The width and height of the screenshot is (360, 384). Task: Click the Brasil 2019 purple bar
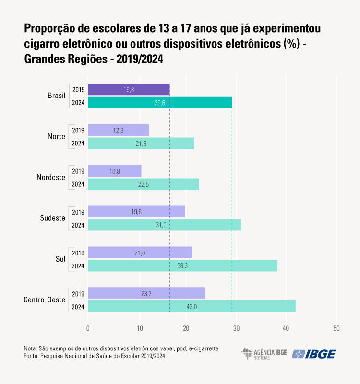coord(129,89)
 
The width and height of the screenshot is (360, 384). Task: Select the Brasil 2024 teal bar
coord(160,103)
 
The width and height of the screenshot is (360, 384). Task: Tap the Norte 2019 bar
coord(119,130)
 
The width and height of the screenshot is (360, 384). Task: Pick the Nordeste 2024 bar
coord(144,184)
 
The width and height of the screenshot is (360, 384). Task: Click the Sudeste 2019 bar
coord(136,212)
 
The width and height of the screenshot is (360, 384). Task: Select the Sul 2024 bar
coord(182,266)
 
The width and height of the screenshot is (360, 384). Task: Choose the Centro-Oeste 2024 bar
coord(192,306)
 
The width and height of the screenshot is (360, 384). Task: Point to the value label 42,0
coord(192,307)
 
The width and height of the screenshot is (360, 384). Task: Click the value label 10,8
coord(115,171)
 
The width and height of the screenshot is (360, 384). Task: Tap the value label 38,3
coord(183,266)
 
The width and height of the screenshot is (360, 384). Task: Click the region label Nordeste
coord(51,178)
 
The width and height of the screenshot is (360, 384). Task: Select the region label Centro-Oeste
coord(44,300)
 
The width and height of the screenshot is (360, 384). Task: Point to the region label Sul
coord(60,259)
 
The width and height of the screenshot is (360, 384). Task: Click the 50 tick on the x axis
coord(336,328)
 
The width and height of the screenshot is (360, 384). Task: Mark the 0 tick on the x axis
coord(88,328)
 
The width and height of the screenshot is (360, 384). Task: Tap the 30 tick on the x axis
coord(237,328)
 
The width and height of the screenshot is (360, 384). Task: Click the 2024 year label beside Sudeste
coord(78,225)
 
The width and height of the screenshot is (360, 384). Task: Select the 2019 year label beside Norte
coord(78,130)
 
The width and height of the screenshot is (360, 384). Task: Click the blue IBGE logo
coord(314,354)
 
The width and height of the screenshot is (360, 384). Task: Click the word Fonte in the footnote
coord(31,356)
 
